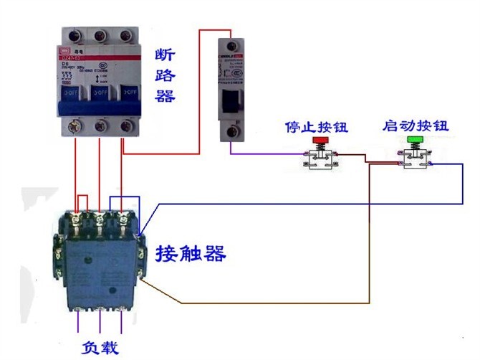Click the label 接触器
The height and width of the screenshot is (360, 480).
191,253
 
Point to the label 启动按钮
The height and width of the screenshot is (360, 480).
416,126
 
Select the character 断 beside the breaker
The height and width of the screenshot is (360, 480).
165,55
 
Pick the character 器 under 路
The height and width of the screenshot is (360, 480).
165,95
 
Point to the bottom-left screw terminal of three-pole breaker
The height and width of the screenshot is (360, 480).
74,127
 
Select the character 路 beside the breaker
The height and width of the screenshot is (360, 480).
165,75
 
